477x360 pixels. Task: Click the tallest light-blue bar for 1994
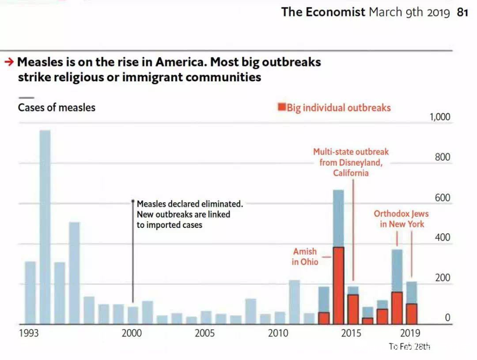point(45,227)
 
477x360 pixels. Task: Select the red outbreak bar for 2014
point(338,285)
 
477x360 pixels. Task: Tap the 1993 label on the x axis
point(29,333)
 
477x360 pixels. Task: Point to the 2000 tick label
point(132,333)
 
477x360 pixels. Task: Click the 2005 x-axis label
point(205,333)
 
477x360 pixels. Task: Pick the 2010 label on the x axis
point(279,333)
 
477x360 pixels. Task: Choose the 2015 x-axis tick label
point(352,333)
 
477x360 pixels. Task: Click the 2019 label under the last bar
point(410,333)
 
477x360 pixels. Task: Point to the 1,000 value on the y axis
point(439,117)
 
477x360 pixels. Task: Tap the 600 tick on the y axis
point(442,197)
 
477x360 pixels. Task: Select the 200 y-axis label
point(442,278)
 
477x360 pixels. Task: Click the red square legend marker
point(281,107)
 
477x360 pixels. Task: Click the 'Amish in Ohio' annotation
point(305,256)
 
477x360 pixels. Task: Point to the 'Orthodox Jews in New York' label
point(401,219)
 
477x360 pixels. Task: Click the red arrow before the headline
point(9,62)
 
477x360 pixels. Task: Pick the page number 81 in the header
point(462,12)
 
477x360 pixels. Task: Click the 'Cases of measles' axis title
point(57,107)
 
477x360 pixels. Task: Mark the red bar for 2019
point(412,314)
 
